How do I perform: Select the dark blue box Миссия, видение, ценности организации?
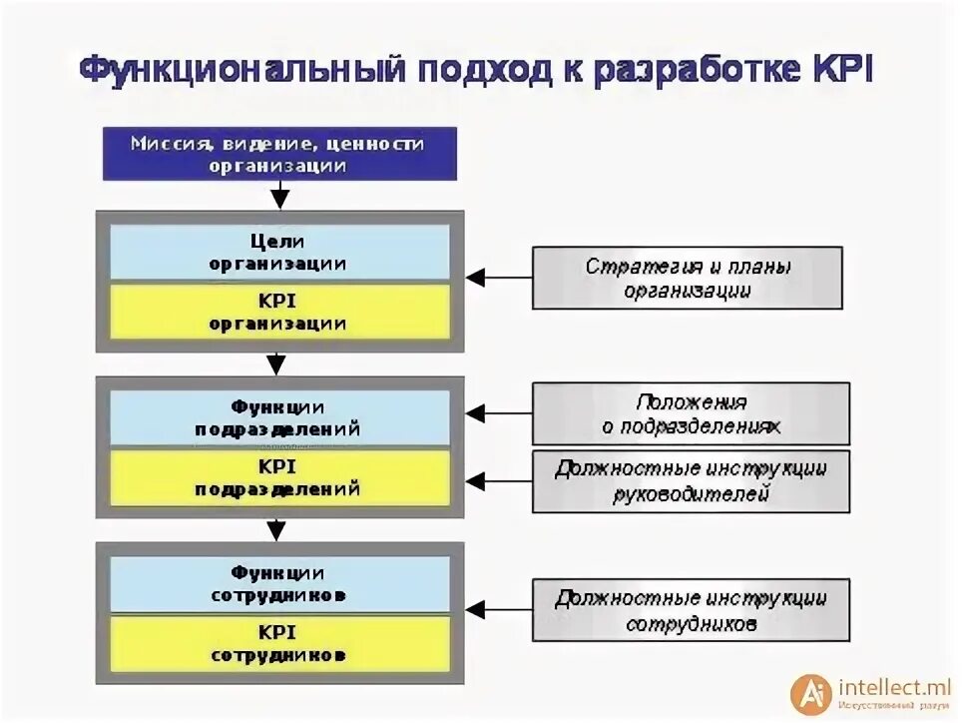pos(279,154)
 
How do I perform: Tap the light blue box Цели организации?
pos(278,253)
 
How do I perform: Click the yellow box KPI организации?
pos(278,311)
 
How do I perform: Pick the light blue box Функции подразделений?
pos(278,417)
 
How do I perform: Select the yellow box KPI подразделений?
pos(278,477)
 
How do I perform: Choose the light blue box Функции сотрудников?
pos(278,583)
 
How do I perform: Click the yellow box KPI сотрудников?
pos(278,643)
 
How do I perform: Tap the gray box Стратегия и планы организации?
pos(688,278)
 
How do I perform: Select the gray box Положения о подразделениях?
pos(691,413)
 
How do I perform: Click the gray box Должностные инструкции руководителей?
pos(691,480)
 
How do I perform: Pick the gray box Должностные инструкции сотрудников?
pos(691,610)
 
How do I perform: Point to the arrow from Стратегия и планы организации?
pos(499,278)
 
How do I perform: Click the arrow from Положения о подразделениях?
pos(499,411)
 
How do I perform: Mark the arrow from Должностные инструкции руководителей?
pos(499,479)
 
